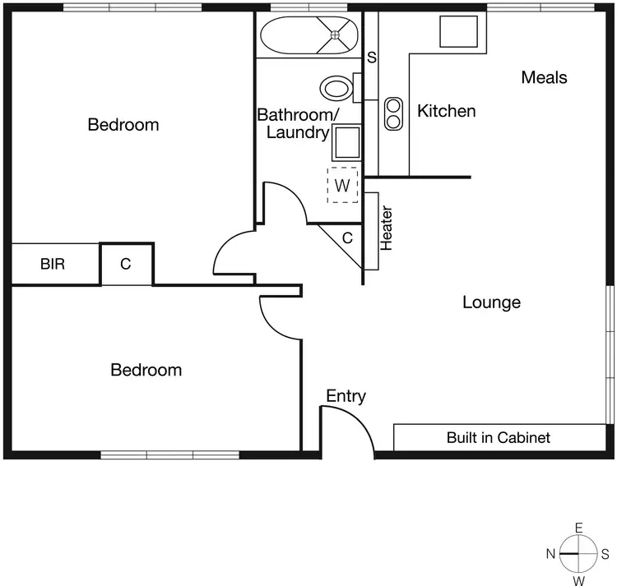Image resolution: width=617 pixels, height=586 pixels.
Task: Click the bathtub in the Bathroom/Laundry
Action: pos(309,35)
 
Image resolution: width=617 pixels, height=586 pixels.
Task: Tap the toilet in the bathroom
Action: pos(337,88)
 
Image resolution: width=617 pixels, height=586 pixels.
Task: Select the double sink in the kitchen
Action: pos(394,113)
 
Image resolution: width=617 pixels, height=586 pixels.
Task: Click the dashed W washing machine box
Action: pos(343,186)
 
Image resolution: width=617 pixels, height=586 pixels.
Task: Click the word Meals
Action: pos(544,77)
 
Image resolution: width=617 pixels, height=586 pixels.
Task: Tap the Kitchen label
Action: pos(447,111)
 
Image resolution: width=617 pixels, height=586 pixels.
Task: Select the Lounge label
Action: pos(491,302)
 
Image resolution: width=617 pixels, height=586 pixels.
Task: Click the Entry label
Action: pos(346,396)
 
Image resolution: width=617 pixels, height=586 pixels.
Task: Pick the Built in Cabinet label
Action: pos(498,437)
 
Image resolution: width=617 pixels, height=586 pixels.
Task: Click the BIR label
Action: pos(53,265)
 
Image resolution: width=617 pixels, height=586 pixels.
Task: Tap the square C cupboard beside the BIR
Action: pos(126,265)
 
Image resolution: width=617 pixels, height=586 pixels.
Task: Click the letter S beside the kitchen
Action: pos(372,58)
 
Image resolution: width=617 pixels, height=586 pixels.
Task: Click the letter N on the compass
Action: pos(550,554)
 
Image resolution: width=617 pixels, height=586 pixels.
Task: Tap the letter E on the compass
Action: pos(579,528)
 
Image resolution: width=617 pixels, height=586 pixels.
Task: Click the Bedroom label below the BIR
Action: pos(146,370)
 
